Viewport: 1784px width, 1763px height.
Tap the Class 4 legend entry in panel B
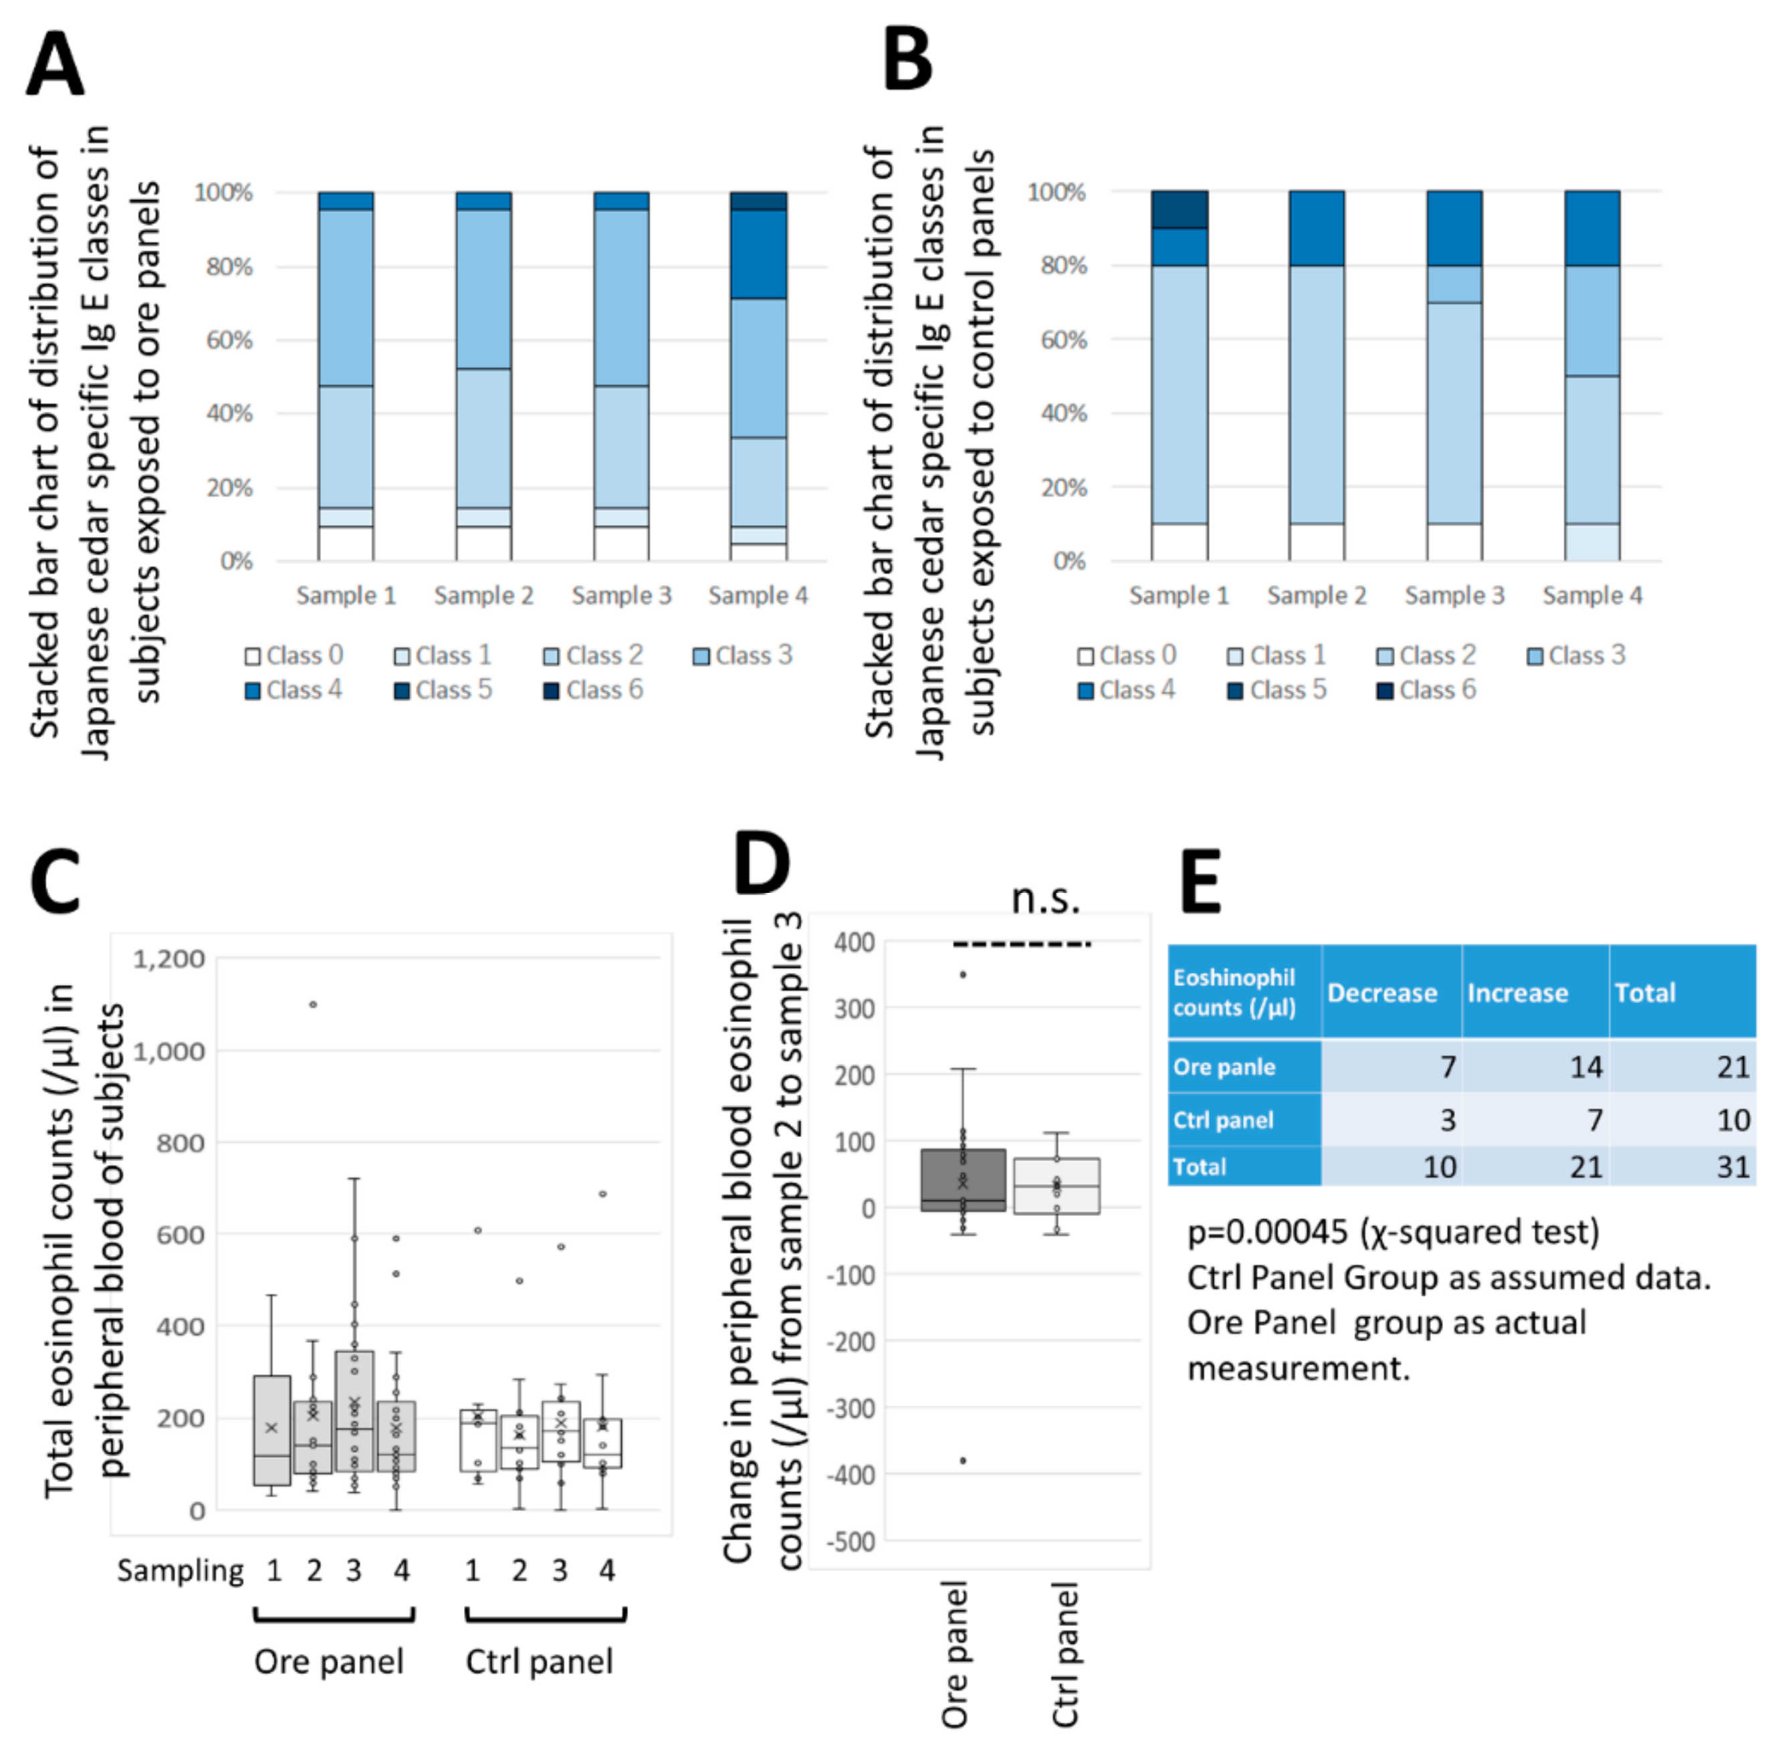[1127, 690]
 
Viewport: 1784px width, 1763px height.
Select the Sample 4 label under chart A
[757, 596]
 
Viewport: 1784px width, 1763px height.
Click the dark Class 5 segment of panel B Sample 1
[1179, 209]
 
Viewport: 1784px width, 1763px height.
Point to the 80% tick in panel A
[229, 267]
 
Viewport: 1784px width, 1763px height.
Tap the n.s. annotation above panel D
[1045, 898]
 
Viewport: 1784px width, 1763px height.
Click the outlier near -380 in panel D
[963, 1460]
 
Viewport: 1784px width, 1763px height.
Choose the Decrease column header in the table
[1381, 993]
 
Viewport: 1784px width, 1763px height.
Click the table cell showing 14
[1585, 1067]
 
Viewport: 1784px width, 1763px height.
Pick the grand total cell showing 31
[1733, 1166]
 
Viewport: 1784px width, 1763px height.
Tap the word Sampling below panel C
[180, 1570]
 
